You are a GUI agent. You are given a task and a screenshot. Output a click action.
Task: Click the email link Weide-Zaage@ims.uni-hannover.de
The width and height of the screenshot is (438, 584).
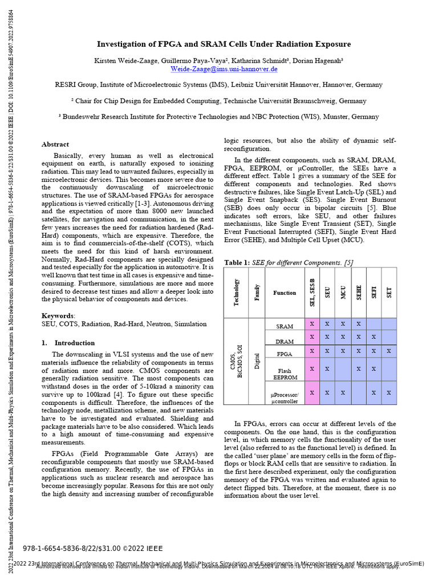pyautogui.click(x=224, y=69)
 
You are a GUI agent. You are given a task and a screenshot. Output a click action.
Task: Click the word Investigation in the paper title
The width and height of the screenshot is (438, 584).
pyautogui.click(x=125, y=44)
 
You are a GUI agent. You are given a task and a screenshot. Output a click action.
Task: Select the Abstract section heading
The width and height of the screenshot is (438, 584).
pyautogui.click(x=55, y=144)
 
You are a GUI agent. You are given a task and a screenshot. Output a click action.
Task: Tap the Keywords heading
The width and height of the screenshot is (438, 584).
pyautogui.click(x=58, y=315)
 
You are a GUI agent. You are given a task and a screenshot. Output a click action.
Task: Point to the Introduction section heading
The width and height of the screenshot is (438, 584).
pyautogui.click(x=74, y=343)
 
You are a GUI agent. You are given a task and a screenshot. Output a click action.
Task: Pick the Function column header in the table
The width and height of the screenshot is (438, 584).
pyautogui.click(x=285, y=293)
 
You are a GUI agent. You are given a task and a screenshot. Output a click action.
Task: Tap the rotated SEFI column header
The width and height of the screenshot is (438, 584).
pyautogui.click(x=374, y=293)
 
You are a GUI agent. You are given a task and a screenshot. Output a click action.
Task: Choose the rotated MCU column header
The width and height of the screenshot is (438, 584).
pyautogui.click(x=343, y=293)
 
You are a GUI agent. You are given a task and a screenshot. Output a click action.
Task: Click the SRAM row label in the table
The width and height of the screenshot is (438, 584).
pyautogui.click(x=285, y=326)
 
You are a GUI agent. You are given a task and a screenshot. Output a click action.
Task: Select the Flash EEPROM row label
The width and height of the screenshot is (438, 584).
pyautogui.click(x=285, y=374)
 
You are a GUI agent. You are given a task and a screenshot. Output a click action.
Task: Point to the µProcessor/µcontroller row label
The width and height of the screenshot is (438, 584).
pyautogui.click(x=285, y=398)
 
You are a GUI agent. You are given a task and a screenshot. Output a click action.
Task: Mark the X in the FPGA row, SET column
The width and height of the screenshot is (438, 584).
pyautogui.click(x=388, y=351)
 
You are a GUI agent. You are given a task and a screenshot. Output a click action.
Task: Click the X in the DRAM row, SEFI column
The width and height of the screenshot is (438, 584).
pyautogui.click(x=374, y=337)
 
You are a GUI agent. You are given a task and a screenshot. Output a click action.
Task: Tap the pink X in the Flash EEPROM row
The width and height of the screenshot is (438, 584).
pyautogui.click(x=312, y=369)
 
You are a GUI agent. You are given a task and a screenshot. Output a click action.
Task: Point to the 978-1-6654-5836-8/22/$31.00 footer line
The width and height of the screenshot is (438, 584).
pyautogui.click(x=93, y=549)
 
